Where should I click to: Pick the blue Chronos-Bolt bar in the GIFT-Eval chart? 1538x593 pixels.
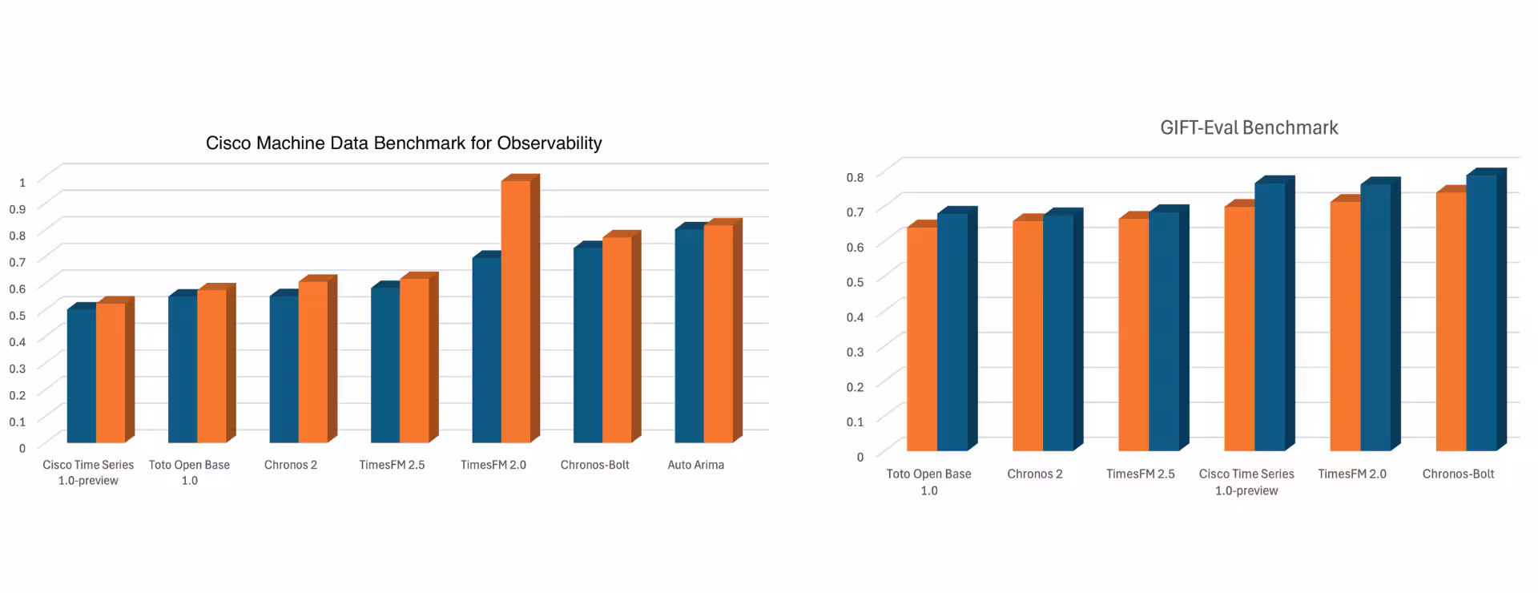(1481, 313)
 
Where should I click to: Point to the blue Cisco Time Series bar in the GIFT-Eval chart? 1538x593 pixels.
(1270, 317)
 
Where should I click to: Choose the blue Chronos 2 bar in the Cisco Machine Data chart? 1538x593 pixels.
(284, 369)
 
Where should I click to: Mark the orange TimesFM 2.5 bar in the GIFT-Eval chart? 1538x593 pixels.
(1133, 333)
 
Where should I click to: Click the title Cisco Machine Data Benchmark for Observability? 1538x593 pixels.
(404, 143)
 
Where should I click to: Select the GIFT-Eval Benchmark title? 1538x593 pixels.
(1249, 128)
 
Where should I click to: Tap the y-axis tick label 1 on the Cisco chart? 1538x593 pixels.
(22, 182)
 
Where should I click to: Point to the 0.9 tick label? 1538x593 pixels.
(18, 208)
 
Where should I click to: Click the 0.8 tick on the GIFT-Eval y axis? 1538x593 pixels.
(856, 177)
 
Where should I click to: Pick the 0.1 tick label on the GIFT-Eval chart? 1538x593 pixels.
(856, 422)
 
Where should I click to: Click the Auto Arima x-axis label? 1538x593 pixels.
(695, 465)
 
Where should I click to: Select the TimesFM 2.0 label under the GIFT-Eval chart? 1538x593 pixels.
(1352, 474)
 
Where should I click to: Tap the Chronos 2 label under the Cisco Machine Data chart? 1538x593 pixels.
(291, 465)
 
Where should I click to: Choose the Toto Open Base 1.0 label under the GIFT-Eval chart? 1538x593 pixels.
(928, 482)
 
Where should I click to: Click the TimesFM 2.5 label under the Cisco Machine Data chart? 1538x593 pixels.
(392, 465)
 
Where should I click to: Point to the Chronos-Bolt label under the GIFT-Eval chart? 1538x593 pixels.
(1458, 474)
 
